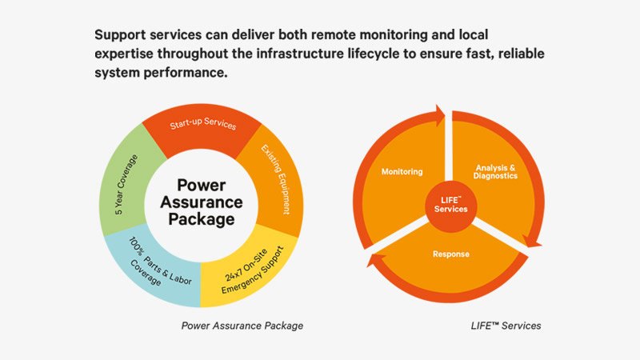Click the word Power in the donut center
[x=202, y=184]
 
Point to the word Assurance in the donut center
[x=202, y=201]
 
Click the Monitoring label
[x=402, y=172]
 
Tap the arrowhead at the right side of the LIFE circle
[x=531, y=240]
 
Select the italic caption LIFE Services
[x=505, y=326]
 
